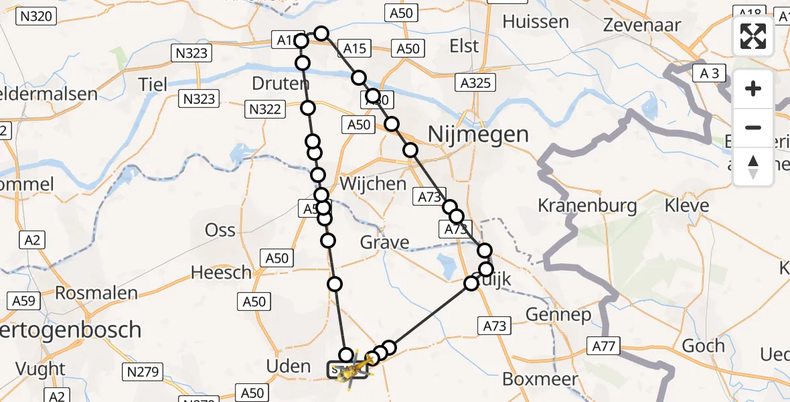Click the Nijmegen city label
(478, 135)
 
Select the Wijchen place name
(373, 184)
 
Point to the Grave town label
(384, 242)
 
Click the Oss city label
(220, 230)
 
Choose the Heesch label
(221, 273)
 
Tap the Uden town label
(288, 366)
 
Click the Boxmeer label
(530, 379)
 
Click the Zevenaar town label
(641, 25)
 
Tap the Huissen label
(536, 21)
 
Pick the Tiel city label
(153, 84)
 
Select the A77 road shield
(605, 346)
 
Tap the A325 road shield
(475, 83)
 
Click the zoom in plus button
(753, 88)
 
